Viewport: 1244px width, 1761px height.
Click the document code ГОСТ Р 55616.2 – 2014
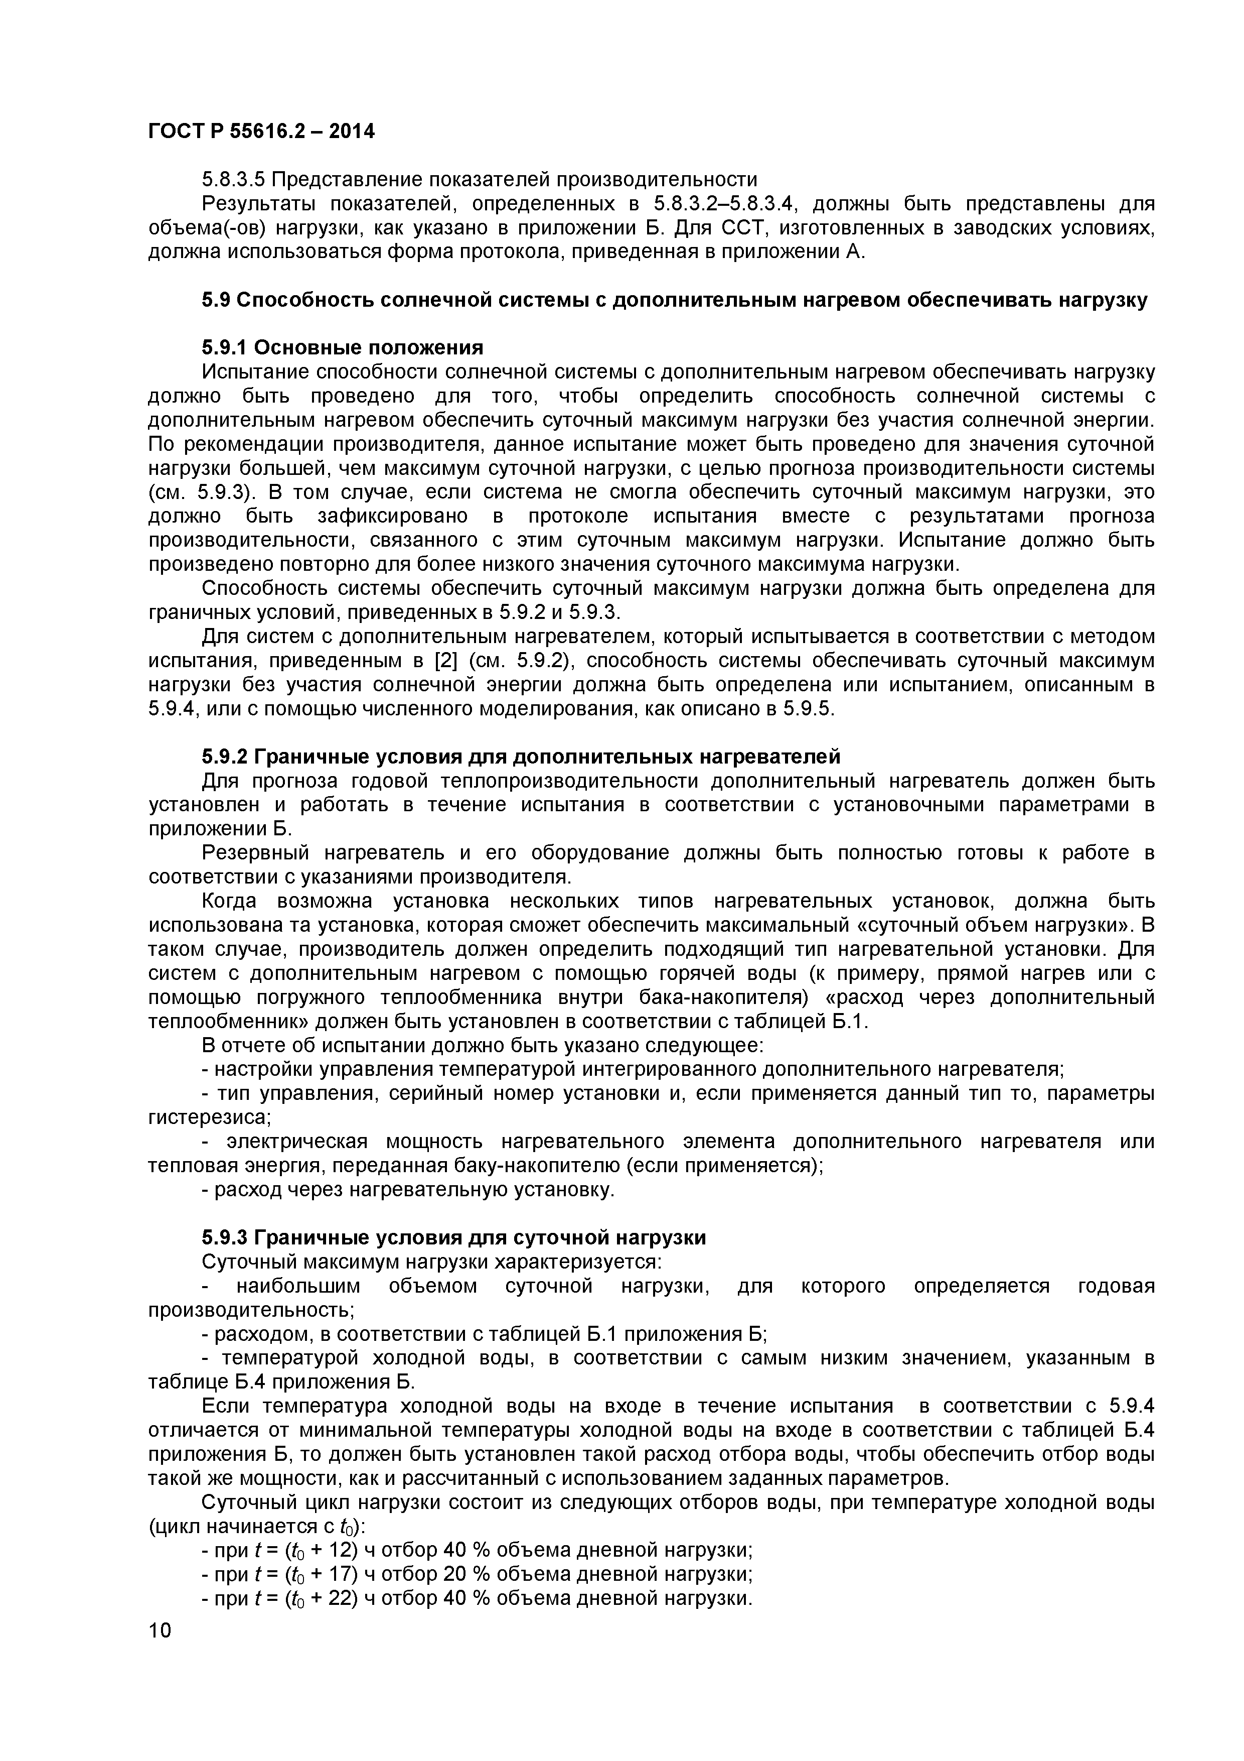click(x=261, y=132)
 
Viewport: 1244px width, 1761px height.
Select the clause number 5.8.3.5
click(x=233, y=180)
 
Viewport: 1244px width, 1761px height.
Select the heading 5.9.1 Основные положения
click(x=343, y=348)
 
